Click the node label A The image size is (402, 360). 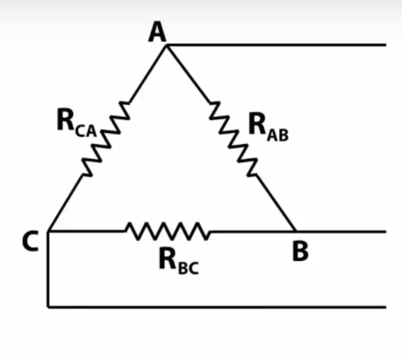[x=157, y=32]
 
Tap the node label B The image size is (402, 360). [x=300, y=251]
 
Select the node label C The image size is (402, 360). [x=29, y=242]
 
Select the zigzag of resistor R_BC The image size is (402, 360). [x=167, y=230]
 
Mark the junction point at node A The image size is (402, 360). [x=167, y=45]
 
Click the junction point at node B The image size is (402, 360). [x=296, y=230]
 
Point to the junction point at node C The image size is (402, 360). [x=48, y=230]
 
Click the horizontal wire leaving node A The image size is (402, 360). [x=278, y=45]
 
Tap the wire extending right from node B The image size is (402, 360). [x=341, y=230]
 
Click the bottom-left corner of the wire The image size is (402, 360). [x=48, y=306]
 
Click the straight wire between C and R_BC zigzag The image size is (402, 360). [x=87, y=230]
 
